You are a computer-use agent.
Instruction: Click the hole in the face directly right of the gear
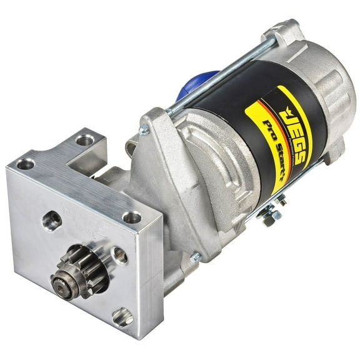pyautogui.click(x=119, y=255)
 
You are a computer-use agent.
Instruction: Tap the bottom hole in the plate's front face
pyautogui.click(x=122, y=317)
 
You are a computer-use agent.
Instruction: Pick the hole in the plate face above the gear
pyautogui.click(x=52, y=220)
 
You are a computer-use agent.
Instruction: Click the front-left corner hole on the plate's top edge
pyautogui.click(x=26, y=164)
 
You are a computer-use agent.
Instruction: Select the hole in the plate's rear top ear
pyautogui.click(x=85, y=139)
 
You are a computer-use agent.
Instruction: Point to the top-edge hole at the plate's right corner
pyautogui.click(x=132, y=217)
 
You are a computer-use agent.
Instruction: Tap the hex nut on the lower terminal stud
pyautogui.click(x=271, y=220)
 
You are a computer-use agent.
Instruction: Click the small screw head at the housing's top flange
pyautogui.click(x=144, y=130)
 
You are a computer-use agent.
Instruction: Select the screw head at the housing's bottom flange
pyautogui.click(x=196, y=257)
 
